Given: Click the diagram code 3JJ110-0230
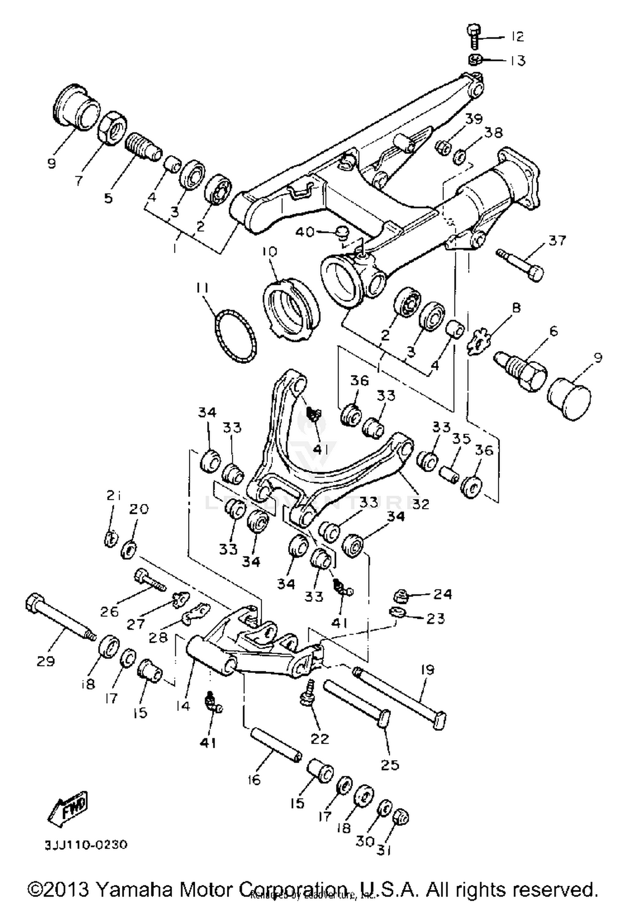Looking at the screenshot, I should pyautogui.click(x=86, y=844).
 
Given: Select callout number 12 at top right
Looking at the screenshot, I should pyautogui.click(x=517, y=36).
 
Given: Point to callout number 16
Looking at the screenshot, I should pyautogui.click(x=254, y=780).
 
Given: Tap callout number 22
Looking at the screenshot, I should pyautogui.click(x=320, y=739).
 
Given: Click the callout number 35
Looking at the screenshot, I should pyautogui.click(x=461, y=439).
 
